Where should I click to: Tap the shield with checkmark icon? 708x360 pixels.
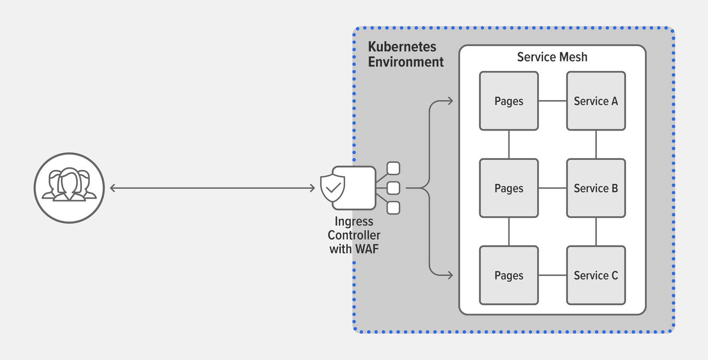pyautogui.click(x=333, y=188)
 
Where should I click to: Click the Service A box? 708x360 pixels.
pyautogui.click(x=596, y=101)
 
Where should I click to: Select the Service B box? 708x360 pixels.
pyautogui.click(x=596, y=188)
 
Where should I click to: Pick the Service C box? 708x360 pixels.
pyautogui.click(x=596, y=275)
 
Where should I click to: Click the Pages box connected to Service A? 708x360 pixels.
pyautogui.click(x=509, y=101)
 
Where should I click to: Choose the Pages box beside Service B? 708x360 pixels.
pyautogui.click(x=509, y=188)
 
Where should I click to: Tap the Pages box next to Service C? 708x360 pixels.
pyautogui.click(x=509, y=275)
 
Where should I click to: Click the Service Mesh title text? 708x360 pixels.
pyautogui.click(x=552, y=57)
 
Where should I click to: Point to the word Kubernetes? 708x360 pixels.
pyautogui.click(x=402, y=46)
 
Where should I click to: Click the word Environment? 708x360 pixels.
pyautogui.click(x=405, y=62)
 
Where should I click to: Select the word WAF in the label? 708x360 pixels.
pyautogui.click(x=366, y=249)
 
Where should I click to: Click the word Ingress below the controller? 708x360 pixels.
pyautogui.click(x=354, y=221)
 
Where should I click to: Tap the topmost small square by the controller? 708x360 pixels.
pyautogui.click(x=393, y=168)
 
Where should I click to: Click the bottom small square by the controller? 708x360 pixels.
pyautogui.click(x=393, y=208)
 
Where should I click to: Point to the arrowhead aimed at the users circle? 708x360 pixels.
pyautogui.click(x=112, y=188)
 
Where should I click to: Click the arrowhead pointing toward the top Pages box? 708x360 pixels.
pyautogui.click(x=450, y=101)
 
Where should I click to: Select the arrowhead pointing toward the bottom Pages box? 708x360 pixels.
pyautogui.click(x=450, y=275)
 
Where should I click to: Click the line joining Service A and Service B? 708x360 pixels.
pyautogui.click(x=596, y=144)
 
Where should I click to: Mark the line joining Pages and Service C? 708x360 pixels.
pyautogui.click(x=552, y=275)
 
